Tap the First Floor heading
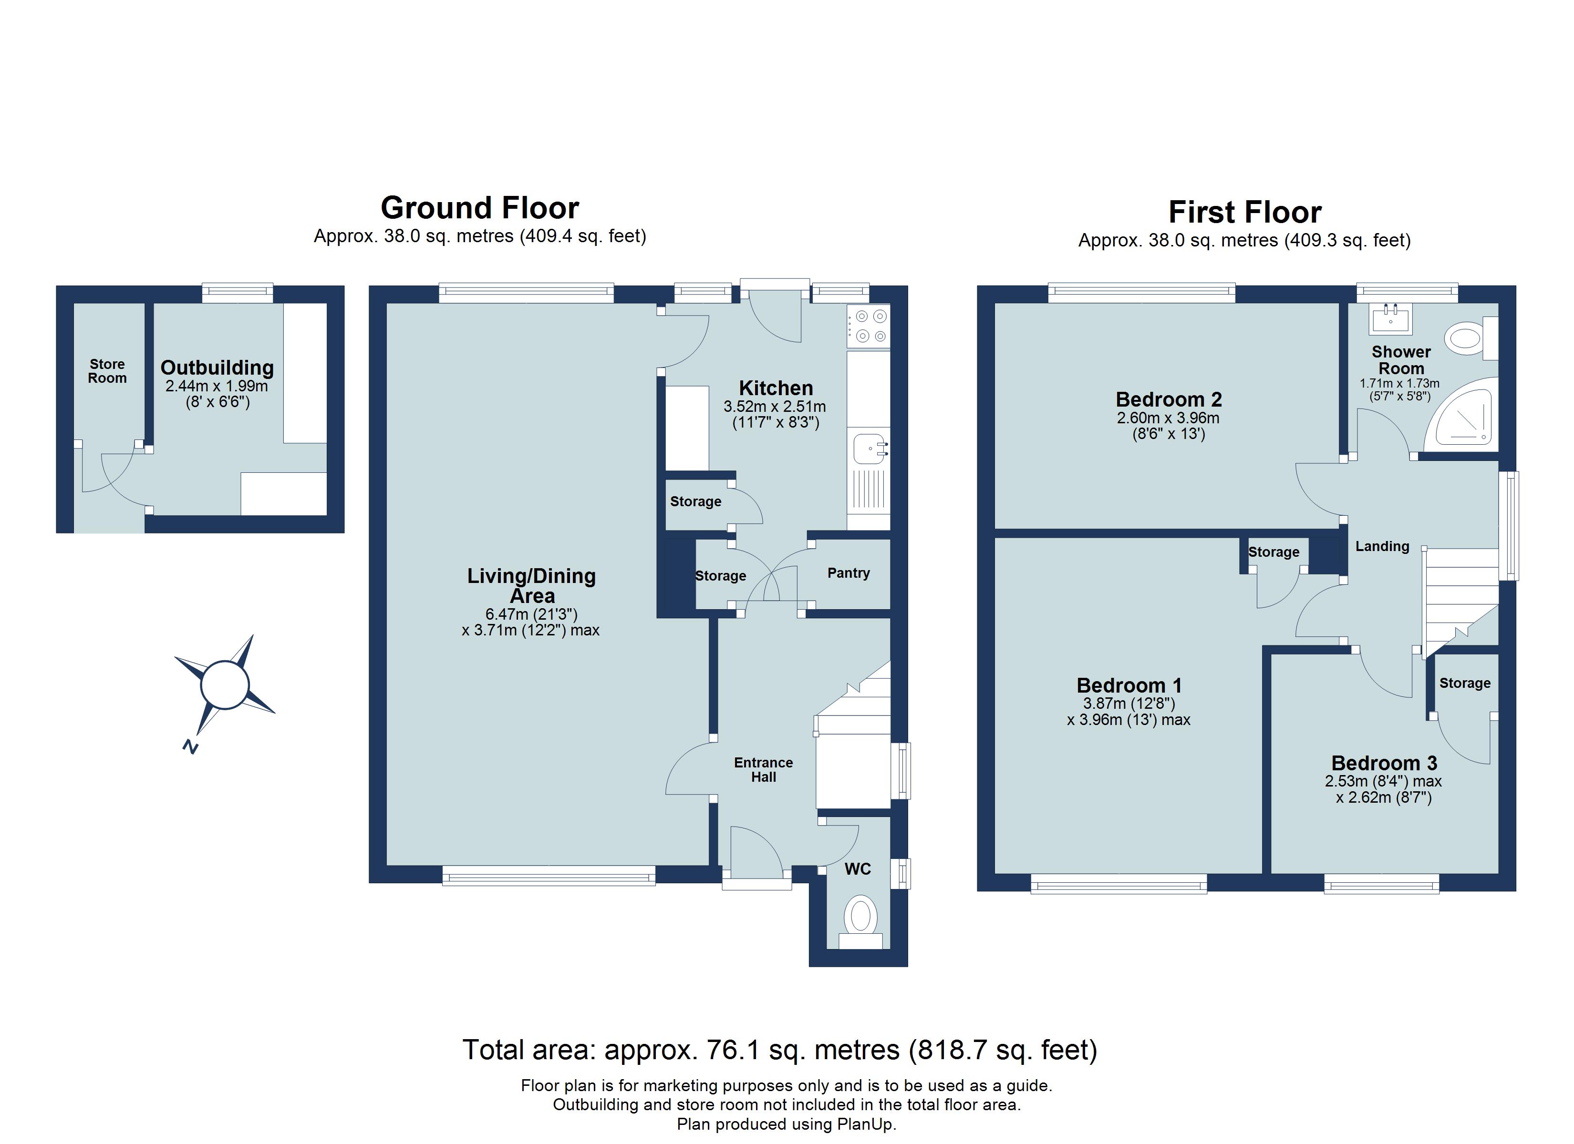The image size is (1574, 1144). [1244, 212]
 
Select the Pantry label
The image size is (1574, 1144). [848, 573]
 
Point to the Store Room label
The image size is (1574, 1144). [107, 371]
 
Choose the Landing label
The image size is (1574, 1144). [1382, 547]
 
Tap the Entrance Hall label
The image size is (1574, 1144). [764, 769]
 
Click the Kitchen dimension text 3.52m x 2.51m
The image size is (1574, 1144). [775, 407]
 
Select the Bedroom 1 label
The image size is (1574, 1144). [1129, 685]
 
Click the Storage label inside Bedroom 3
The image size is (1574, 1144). [1464, 684]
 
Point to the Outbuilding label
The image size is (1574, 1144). [217, 368]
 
